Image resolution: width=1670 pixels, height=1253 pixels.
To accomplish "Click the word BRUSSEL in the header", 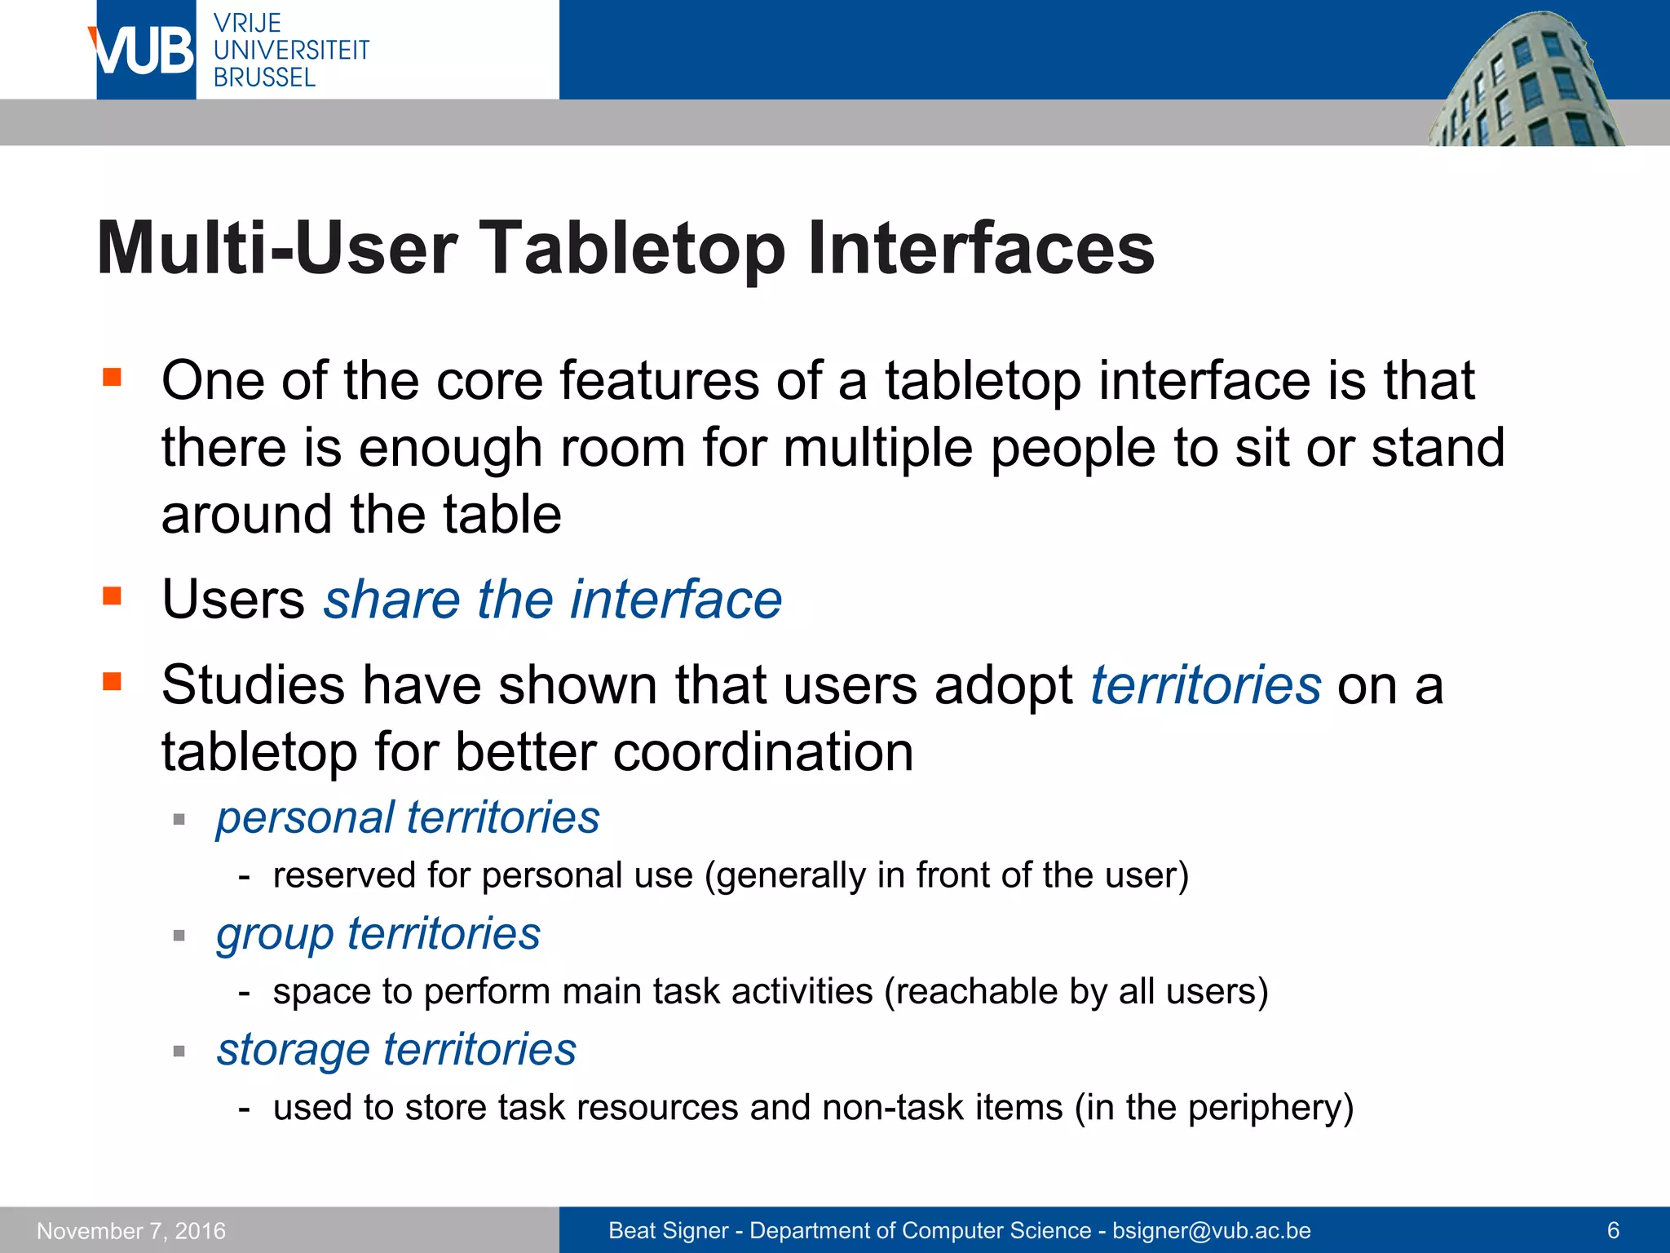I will (264, 77).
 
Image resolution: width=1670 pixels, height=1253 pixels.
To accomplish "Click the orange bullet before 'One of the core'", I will (112, 377).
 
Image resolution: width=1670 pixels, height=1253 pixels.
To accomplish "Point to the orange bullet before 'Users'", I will (112, 596).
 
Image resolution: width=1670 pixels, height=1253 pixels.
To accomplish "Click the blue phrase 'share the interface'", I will (553, 600).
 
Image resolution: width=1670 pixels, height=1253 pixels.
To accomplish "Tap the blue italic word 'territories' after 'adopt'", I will (1205, 684).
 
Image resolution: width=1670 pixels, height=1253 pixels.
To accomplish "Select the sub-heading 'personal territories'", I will (408, 817).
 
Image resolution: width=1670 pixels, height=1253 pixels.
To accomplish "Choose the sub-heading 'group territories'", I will (378, 933).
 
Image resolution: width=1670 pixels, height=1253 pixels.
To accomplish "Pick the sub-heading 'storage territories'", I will (396, 1049).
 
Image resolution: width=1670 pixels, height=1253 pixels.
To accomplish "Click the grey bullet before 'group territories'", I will (179, 936).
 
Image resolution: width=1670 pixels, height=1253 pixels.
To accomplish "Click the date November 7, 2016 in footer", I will (131, 1230).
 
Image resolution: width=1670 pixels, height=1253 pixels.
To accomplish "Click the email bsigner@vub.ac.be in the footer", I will (1211, 1230).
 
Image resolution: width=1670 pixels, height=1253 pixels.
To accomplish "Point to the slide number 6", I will (1612, 1230).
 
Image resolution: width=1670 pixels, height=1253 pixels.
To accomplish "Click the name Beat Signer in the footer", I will (668, 1230).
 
